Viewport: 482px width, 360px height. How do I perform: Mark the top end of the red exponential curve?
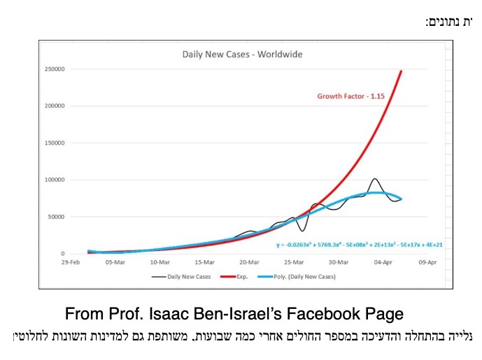click(402, 71)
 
